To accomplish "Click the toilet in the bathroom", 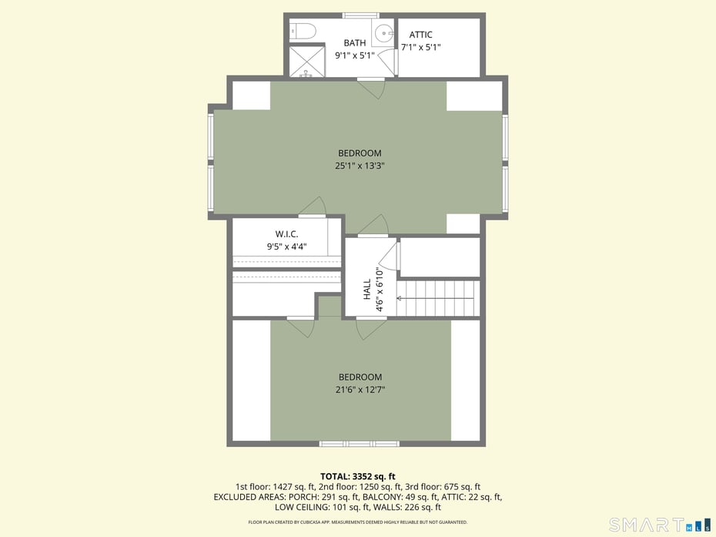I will (303, 31).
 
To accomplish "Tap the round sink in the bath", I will (384, 32).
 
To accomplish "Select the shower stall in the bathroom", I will (306, 62).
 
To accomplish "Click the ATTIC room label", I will (420, 35).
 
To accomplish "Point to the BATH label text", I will (355, 43).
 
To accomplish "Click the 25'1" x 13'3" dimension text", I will (360, 166).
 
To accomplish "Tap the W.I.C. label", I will (286, 234).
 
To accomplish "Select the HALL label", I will (367, 289).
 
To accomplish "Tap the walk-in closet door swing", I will (313, 207).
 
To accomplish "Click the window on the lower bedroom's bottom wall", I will (359, 444).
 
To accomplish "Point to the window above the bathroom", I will (360, 15).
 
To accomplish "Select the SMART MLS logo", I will (659, 525).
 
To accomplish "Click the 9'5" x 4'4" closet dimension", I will (286, 247).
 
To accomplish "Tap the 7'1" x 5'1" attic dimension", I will (421, 47).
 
